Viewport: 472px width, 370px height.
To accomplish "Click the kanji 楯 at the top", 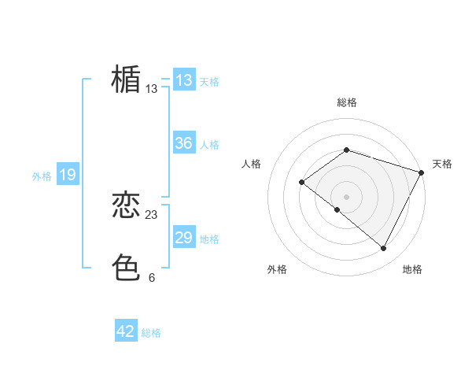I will point(126,80).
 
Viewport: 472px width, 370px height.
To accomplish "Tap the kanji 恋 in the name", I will point(126,206).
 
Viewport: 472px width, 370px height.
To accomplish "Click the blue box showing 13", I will point(184,80).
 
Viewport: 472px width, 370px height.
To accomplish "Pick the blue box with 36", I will point(184,143).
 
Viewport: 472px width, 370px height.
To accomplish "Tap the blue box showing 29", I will point(184,238).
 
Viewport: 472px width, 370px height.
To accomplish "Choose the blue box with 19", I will point(68,175).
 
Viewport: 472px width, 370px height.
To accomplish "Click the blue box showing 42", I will point(126,331).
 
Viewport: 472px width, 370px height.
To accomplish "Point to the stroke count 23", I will point(152,215).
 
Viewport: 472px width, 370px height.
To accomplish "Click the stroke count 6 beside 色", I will point(152,277).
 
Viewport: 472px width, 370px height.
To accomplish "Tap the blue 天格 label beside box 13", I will point(209,82).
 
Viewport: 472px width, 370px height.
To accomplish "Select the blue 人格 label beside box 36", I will point(209,145).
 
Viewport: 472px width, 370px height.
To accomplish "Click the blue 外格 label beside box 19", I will point(42,176).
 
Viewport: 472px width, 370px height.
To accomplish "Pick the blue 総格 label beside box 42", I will point(151,333).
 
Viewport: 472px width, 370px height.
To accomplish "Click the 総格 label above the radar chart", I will point(346,102).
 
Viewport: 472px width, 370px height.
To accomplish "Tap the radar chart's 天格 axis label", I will point(442,164).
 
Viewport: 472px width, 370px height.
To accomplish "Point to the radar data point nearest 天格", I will point(422,172).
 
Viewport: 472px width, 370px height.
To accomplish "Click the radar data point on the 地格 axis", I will point(384,249).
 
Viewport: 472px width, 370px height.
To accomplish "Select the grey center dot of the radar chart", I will point(346,197).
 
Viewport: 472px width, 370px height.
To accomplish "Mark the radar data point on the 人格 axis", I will point(302,183).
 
